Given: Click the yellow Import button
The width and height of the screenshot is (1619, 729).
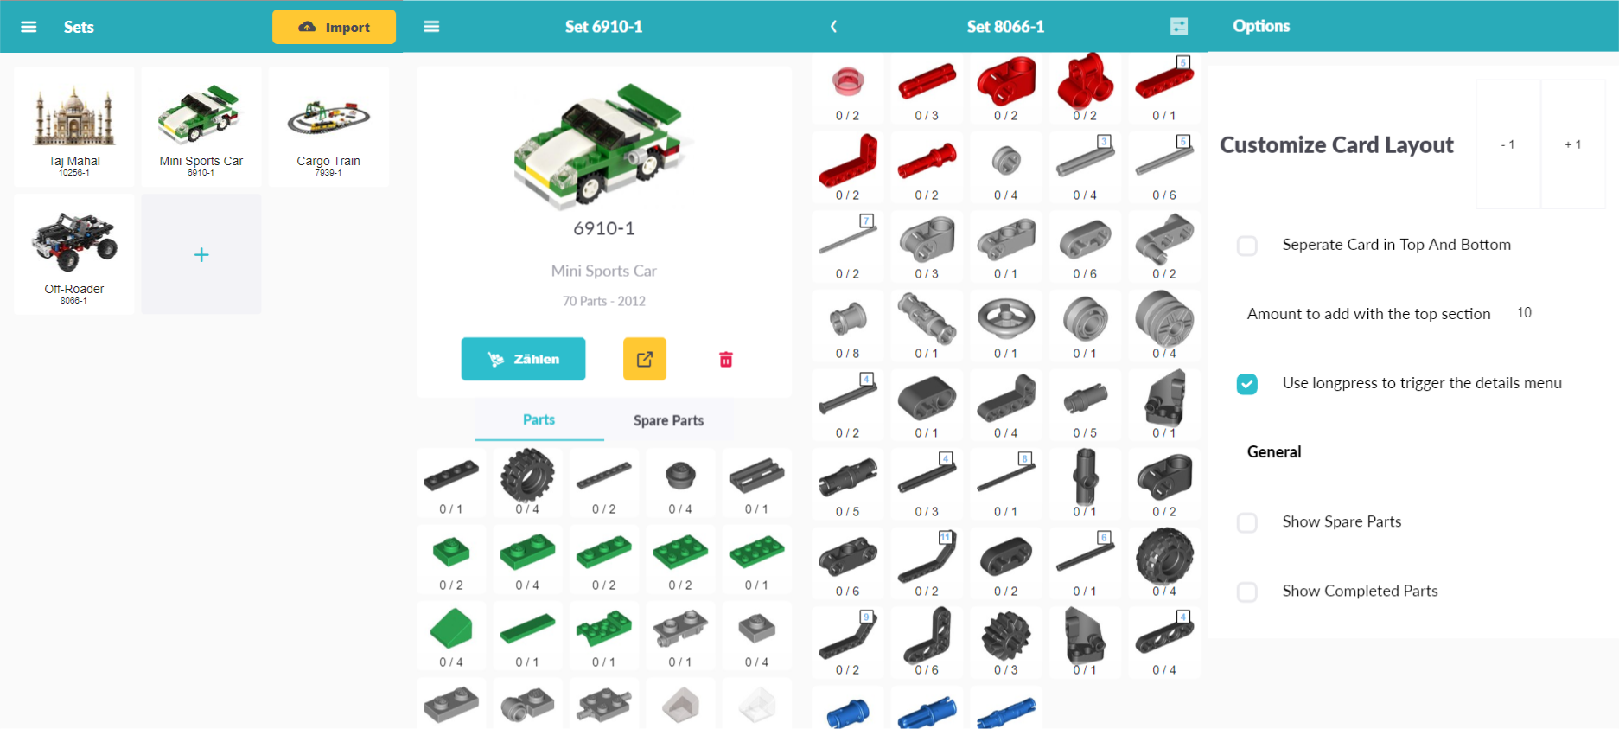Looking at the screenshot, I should (x=334, y=27).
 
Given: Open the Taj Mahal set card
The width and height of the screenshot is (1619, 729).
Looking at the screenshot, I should (x=74, y=126).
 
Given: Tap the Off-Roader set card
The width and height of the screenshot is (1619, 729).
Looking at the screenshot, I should (x=74, y=253).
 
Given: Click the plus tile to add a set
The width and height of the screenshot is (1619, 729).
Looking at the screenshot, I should (x=201, y=254).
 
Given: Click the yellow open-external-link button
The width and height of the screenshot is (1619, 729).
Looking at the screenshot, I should (x=645, y=359).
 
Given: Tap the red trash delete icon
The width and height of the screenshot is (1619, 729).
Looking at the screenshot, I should (x=726, y=359).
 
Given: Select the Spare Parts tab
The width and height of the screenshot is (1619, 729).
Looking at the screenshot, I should (x=668, y=420).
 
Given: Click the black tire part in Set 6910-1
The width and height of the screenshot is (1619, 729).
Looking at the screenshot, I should (x=527, y=476).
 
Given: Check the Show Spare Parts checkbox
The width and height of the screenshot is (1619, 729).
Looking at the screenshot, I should (x=1246, y=522).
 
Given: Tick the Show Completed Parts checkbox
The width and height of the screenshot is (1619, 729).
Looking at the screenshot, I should (x=1246, y=592).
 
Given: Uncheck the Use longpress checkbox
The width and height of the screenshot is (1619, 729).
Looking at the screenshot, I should (x=1246, y=384).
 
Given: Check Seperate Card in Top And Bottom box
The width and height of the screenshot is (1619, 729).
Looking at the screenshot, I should (x=1246, y=246).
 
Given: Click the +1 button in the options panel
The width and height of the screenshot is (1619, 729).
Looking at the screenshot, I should (x=1572, y=144).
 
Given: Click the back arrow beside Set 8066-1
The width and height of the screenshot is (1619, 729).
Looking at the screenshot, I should (x=833, y=27).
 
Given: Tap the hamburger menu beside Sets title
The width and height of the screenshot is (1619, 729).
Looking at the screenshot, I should (x=29, y=27).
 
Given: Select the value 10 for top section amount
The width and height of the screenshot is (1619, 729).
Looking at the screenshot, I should (x=1524, y=313).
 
